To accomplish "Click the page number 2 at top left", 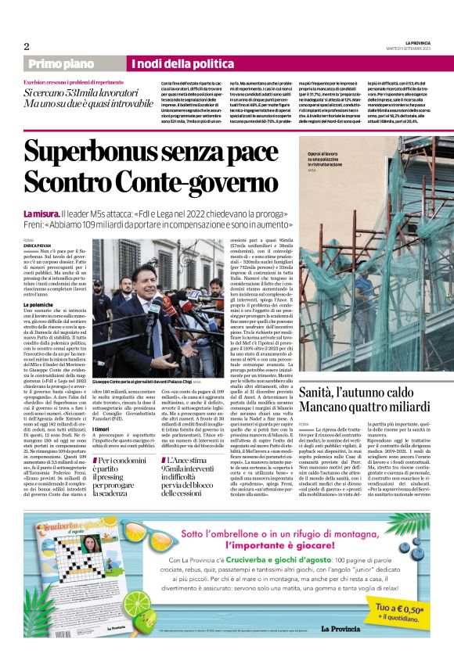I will pos(27,45).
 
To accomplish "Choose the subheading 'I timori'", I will pos(102,429).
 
